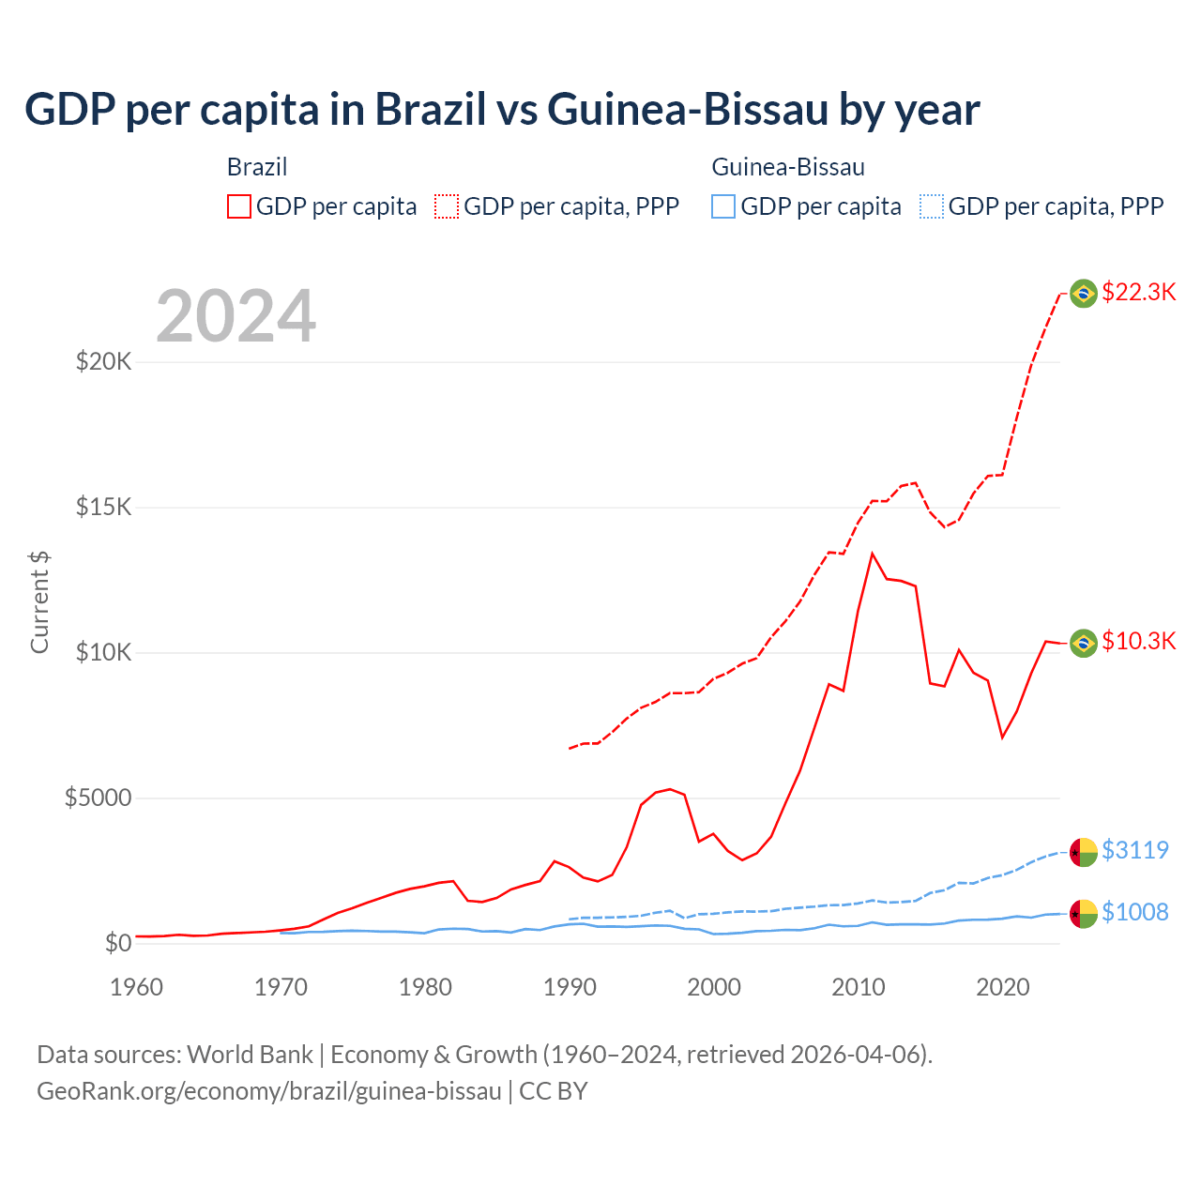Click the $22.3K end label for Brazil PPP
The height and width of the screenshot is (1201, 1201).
pos(1138,292)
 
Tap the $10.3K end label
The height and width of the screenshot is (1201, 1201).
pos(1138,641)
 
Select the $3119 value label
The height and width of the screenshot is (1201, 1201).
pos(1134,850)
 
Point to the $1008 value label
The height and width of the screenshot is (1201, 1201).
pos(1134,912)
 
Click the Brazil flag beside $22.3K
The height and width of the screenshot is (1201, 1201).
pos(1084,294)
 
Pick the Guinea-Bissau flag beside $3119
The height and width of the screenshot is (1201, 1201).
pos(1084,852)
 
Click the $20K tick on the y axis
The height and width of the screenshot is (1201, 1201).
pos(103,361)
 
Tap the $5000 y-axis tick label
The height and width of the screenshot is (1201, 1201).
pos(98,798)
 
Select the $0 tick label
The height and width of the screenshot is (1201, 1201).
pos(117,943)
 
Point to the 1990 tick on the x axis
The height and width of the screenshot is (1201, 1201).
pos(570,987)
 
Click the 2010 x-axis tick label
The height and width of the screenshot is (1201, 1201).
pos(859,987)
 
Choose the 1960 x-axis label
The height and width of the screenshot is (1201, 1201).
pos(137,987)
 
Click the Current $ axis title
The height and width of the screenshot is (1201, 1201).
pos(39,602)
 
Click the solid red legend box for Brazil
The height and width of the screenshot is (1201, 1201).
pos(239,206)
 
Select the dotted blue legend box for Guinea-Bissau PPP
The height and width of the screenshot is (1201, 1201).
pos(932,206)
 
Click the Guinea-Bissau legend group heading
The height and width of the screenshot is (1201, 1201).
pos(788,167)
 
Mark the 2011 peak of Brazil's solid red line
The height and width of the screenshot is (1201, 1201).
pos(873,554)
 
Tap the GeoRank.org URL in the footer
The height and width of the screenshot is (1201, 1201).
pos(269,1091)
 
